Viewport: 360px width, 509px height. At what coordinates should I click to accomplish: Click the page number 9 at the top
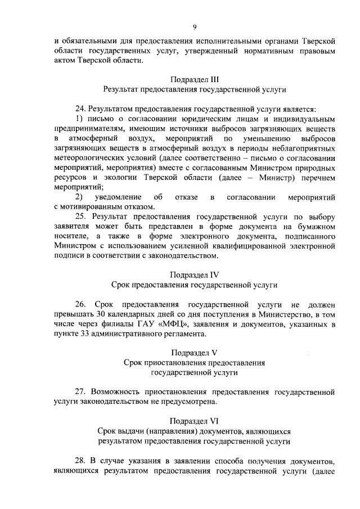(x=194, y=26)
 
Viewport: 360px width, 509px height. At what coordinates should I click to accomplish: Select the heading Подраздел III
(x=194, y=79)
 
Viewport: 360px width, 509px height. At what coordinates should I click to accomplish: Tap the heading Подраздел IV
(x=194, y=275)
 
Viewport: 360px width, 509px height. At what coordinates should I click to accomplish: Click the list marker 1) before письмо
(x=79, y=119)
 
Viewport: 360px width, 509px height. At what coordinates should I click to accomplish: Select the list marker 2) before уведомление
(x=79, y=197)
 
